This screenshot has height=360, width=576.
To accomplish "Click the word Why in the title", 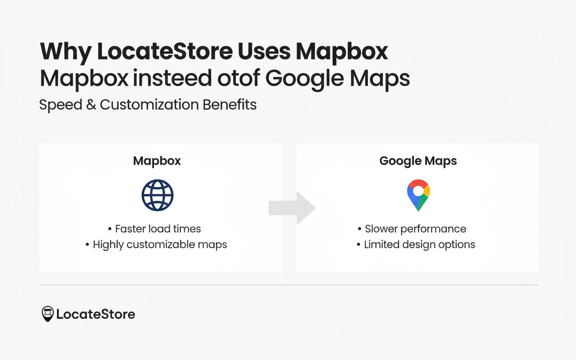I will (65, 52).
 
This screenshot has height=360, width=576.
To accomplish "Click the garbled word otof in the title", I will (238, 78).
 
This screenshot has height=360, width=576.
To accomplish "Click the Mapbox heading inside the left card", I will (157, 161).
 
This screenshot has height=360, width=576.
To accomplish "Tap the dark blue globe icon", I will (157, 195).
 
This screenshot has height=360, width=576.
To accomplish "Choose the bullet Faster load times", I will (157, 229).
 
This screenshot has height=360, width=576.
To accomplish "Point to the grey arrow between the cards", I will (292, 208).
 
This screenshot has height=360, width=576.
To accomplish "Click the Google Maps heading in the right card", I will (418, 161).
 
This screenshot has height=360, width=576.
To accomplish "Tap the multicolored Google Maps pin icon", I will (418, 195).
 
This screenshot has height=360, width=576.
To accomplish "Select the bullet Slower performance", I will (415, 229).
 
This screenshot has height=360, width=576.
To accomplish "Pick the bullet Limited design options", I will (419, 245).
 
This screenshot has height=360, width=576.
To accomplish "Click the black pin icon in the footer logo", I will (47, 314).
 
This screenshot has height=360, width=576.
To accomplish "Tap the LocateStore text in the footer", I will (95, 314).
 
